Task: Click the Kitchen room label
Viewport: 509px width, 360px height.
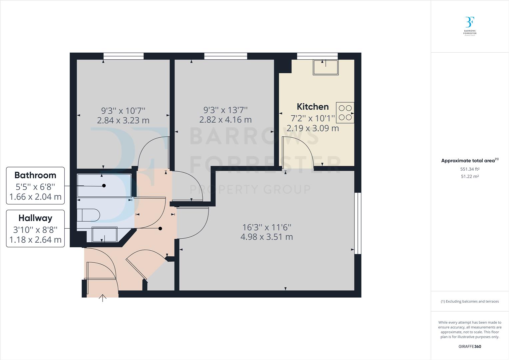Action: [x=312, y=107]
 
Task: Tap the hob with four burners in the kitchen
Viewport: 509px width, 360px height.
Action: [x=345, y=112]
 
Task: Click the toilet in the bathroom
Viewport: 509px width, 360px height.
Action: [x=88, y=215]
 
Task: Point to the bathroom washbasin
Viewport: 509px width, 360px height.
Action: [x=104, y=234]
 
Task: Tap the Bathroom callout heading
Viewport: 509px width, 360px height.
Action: [x=35, y=175]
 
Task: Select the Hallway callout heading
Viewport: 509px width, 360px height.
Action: [x=35, y=218]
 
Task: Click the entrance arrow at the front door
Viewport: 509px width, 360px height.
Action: [x=103, y=298]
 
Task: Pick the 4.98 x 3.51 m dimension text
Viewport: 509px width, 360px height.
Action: [x=266, y=237]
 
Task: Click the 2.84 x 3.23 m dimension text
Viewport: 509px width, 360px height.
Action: [x=123, y=120]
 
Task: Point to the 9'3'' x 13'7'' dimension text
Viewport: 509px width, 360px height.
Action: [x=226, y=110]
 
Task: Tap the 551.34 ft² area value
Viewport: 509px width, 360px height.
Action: [x=470, y=169]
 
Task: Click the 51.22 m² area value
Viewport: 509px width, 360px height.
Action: [x=470, y=177]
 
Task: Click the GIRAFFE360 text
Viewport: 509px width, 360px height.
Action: [x=470, y=346]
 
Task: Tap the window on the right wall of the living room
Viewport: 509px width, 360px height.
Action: [x=358, y=223]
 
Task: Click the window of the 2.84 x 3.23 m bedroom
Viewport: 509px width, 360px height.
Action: [x=123, y=56]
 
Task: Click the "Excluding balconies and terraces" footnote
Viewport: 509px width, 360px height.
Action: [x=470, y=301]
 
